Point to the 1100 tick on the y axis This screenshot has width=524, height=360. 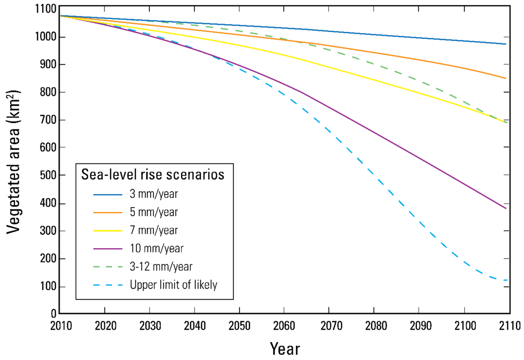(x=45, y=9)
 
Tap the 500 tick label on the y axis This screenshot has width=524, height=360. (x=47, y=175)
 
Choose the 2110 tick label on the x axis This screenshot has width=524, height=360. (x=509, y=326)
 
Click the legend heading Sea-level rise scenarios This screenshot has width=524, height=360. (x=153, y=174)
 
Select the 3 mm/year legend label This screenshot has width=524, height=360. (x=154, y=194)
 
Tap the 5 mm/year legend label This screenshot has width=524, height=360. (x=154, y=212)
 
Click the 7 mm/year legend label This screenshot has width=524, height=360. (x=154, y=230)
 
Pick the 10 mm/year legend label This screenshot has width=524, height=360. (x=156, y=249)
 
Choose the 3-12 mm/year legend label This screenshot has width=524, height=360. (x=161, y=267)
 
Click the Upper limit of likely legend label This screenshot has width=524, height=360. (x=173, y=285)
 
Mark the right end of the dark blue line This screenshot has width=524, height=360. (x=506, y=44)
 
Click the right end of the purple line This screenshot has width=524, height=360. (x=506, y=208)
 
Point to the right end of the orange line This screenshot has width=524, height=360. (x=506, y=79)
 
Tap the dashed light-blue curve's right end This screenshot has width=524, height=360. (x=507, y=280)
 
